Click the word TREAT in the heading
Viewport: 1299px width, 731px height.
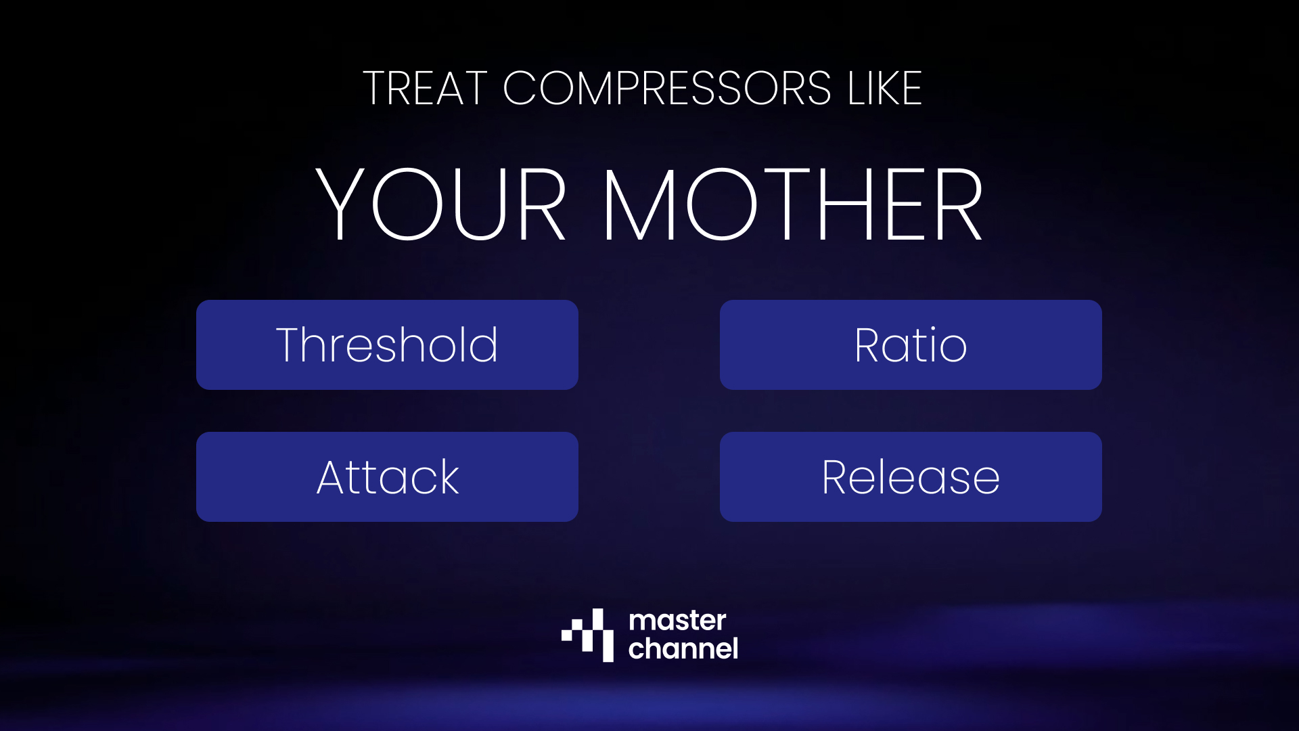click(x=425, y=88)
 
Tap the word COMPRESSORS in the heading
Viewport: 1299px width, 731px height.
click(x=666, y=88)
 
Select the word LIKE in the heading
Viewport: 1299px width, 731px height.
click(x=885, y=88)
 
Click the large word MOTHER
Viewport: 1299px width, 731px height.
click(x=792, y=204)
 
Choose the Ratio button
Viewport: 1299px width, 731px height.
click(x=911, y=345)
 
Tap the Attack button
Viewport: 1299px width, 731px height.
click(x=387, y=477)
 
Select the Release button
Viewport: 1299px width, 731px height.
click(x=911, y=477)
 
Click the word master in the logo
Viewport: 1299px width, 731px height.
click(x=677, y=621)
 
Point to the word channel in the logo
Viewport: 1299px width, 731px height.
click(x=683, y=648)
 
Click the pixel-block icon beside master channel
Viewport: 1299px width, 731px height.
click(x=588, y=635)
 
